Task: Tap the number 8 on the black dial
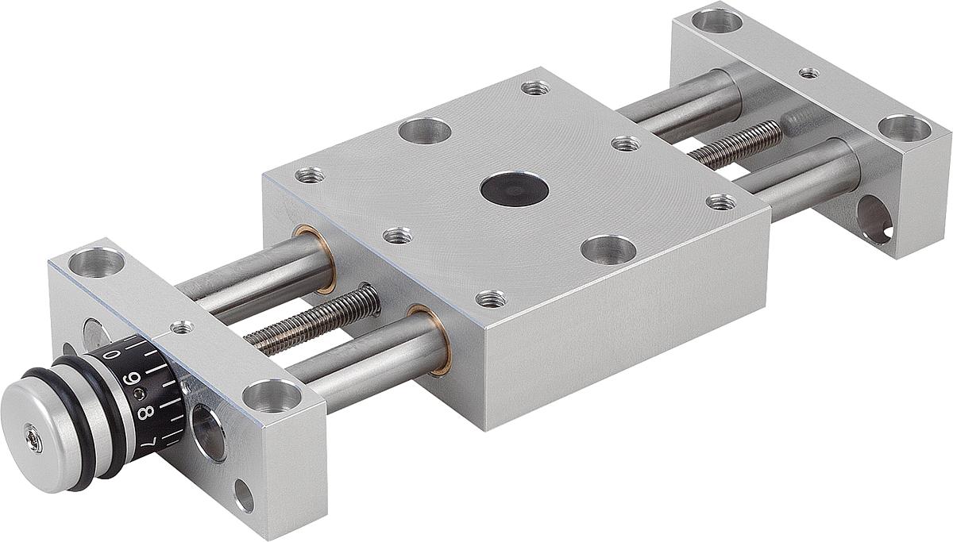pyautogui.click(x=145, y=413)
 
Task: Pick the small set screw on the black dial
pyautogui.click(x=141, y=394)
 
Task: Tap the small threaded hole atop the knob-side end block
pyautogui.click(x=182, y=325)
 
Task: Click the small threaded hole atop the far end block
pyautogui.click(x=808, y=73)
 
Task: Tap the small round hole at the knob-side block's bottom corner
pyautogui.click(x=244, y=498)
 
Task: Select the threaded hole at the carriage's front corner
pyautogui.click(x=491, y=299)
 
